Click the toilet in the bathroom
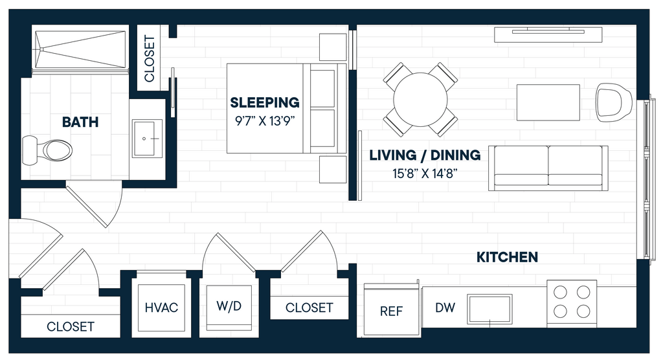[x=47, y=150]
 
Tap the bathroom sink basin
[x=148, y=139]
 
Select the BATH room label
[x=80, y=122]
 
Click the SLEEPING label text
[x=265, y=102]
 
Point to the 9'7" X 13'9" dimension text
[x=265, y=121]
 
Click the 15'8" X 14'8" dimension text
[x=425, y=174]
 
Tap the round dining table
[x=420, y=100]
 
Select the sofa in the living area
[x=548, y=168]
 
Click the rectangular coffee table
[x=548, y=102]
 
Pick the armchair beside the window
[x=614, y=102]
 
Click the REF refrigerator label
[x=391, y=311]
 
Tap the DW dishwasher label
[x=445, y=308]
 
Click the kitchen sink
[x=489, y=309]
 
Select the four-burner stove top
[x=572, y=303]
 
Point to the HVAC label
[x=161, y=308]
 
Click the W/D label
[x=229, y=306]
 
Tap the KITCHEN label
[x=507, y=257]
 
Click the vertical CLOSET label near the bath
[x=150, y=58]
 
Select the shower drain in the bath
[x=42, y=49]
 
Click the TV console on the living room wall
[x=548, y=35]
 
